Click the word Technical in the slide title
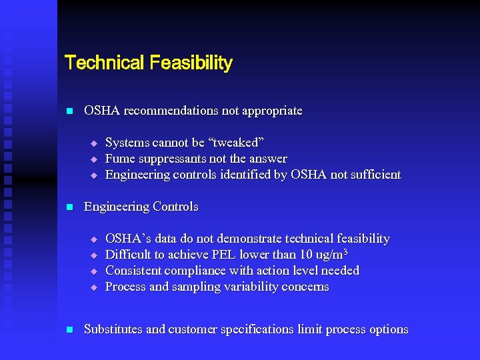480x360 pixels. pos(104,63)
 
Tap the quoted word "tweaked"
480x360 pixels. pos(238,143)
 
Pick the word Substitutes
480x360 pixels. pos(113,329)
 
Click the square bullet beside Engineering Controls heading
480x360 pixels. pos(69,207)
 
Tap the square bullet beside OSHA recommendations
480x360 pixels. pos(69,111)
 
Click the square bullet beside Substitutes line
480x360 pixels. pos(69,330)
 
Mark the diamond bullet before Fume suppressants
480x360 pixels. pos(94,159)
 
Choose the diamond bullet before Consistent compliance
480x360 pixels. pos(94,271)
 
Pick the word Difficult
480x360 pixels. pos(129,255)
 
